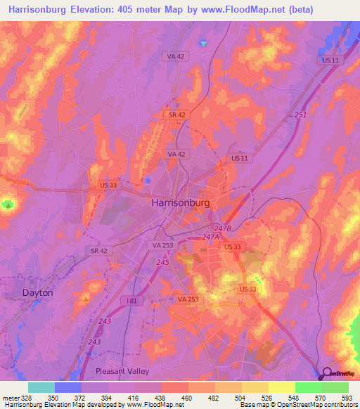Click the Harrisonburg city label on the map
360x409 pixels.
[181, 202]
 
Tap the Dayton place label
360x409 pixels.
[38, 291]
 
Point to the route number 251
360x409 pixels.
[300, 114]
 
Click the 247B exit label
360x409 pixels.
[224, 229]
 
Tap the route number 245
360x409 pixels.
[164, 262]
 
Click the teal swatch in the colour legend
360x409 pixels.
[41, 387]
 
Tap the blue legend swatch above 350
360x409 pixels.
[68, 387]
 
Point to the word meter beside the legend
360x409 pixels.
[10, 397]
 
